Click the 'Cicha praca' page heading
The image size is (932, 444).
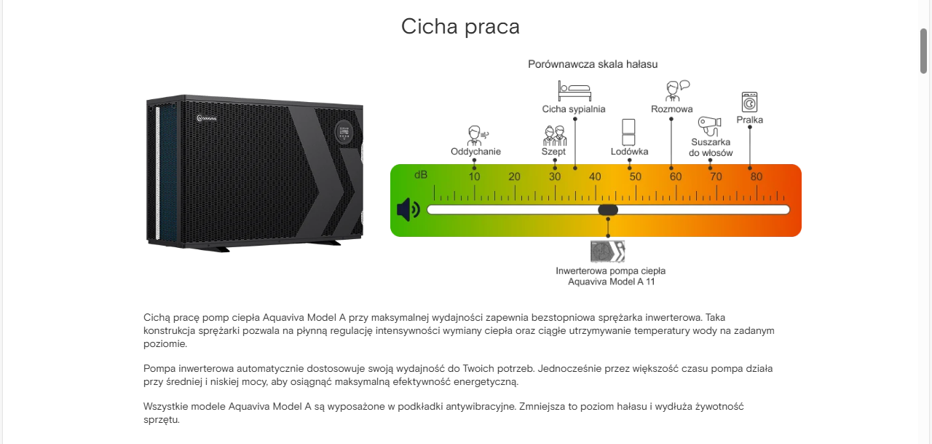pyautogui.click(x=460, y=27)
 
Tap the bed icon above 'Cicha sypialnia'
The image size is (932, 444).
pyautogui.click(x=574, y=91)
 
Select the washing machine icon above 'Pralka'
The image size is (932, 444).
pyautogui.click(x=749, y=102)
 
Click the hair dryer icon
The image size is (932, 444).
pyautogui.click(x=709, y=126)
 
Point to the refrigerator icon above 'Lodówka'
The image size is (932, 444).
pyautogui.click(x=628, y=132)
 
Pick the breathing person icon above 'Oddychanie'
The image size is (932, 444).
pyautogui.click(x=477, y=136)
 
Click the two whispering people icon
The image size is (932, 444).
pyautogui.click(x=555, y=136)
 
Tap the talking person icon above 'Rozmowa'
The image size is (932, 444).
pyautogui.click(x=677, y=91)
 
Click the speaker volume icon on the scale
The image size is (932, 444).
pyautogui.click(x=408, y=209)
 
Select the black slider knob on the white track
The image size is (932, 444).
pyautogui.click(x=608, y=209)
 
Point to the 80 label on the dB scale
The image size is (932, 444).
pyautogui.click(x=757, y=176)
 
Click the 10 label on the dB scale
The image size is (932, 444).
pyautogui.click(x=474, y=176)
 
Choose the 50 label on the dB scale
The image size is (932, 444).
pyautogui.click(x=636, y=176)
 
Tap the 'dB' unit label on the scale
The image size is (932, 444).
pyautogui.click(x=421, y=175)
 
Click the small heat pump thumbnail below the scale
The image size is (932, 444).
pyautogui.click(x=608, y=251)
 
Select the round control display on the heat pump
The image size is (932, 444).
pyautogui.click(x=344, y=133)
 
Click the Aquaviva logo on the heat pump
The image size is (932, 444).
pyautogui.click(x=206, y=119)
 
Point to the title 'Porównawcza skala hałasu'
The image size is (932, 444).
pyautogui.click(x=593, y=64)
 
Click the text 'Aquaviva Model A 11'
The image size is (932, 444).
pyautogui.click(x=611, y=282)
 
